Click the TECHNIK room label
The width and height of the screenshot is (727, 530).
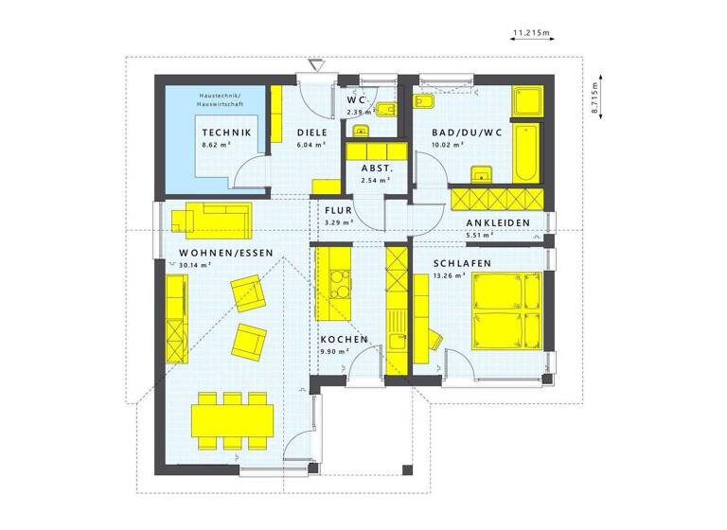tap(226, 132)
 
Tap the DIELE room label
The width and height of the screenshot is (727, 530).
tap(311, 132)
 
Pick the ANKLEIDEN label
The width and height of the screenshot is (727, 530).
tap(497, 223)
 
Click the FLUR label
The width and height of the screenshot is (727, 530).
tap(338, 210)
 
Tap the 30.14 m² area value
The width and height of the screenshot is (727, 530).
tap(194, 266)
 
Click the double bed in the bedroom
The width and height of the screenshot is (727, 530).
tap(505, 310)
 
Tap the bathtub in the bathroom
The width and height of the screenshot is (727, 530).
tap(525, 150)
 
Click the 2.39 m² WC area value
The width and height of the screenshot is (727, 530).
tap(358, 112)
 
